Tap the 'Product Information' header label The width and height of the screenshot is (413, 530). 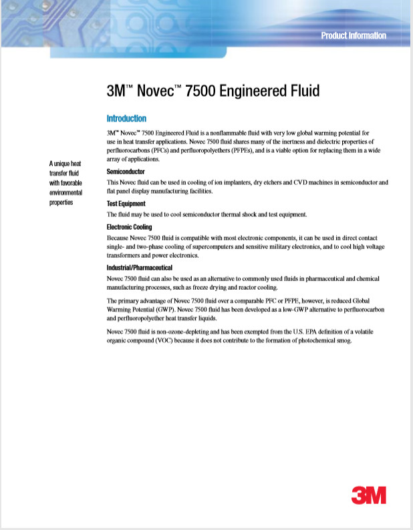(353, 35)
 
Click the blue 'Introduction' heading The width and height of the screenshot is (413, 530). (126, 118)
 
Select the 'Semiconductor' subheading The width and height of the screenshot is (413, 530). (126, 172)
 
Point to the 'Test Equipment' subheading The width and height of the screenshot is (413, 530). (126, 204)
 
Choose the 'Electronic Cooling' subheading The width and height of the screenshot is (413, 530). (130, 227)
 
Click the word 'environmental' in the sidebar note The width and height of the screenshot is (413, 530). (66, 192)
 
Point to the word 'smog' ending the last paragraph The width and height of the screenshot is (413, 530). (343, 341)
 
